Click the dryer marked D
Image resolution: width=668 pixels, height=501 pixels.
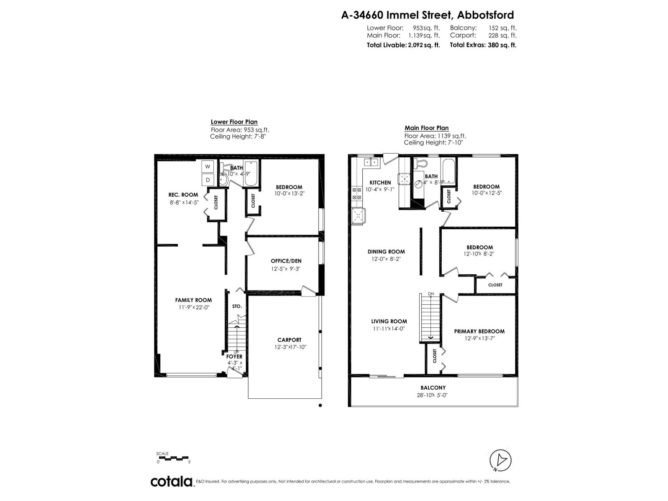pyautogui.click(x=207, y=180)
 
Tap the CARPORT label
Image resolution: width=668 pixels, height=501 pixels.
pyautogui.click(x=289, y=340)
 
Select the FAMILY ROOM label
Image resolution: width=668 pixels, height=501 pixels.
pyautogui.click(x=193, y=300)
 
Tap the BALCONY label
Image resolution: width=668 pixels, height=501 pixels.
pyautogui.click(x=433, y=388)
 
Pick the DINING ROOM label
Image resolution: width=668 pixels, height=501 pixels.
pyautogui.click(x=386, y=252)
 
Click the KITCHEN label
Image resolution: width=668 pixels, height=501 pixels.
pyautogui.click(x=380, y=182)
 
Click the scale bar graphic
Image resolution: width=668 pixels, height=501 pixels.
pyautogui.click(x=173, y=458)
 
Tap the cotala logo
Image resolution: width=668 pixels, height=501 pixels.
pyautogui.click(x=171, y=481)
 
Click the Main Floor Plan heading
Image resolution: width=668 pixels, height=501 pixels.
pyautogui.click(x=426, y=128)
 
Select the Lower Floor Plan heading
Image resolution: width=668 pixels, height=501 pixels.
pyautogui.click(x=234, y=122)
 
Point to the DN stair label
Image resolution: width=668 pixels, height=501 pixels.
pyautogui.click(x=431, y=294)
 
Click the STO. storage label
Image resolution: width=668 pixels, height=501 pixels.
pyautogui.click(x=237, y=306)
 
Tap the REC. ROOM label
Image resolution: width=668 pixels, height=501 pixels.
pyautogui.click(x=183, y=195)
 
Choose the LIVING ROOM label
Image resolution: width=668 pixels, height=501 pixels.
pyautogui.click(x=389, y=321)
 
